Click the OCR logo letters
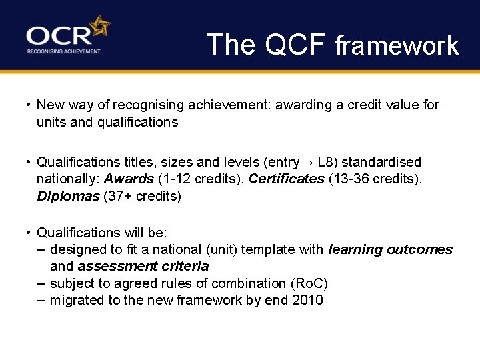[x=57, y=35]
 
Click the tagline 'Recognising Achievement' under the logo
[x=63, y=51]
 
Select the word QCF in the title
[x=294, y=45]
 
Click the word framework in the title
[x=397, y=46]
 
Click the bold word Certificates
[x=287, y=179]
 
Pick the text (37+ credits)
[x=142, y=196]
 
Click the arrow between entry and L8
[x=307, y=163]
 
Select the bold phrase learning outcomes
[x=390, y=249]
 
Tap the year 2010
[x=307, y=300]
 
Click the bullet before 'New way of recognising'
[x=28, y=105]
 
